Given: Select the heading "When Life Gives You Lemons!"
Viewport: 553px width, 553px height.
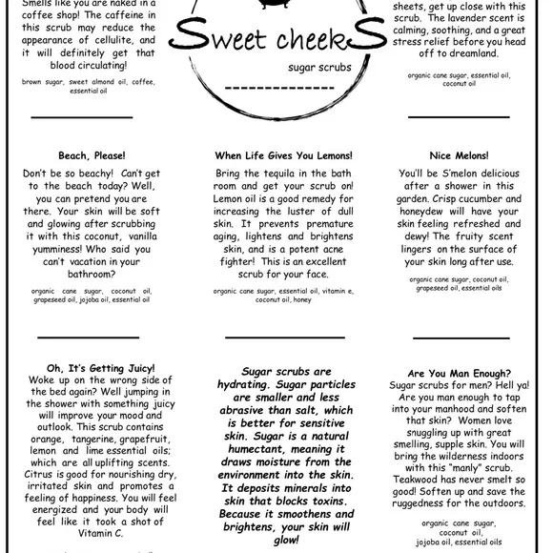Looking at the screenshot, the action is click(x=283, y=154).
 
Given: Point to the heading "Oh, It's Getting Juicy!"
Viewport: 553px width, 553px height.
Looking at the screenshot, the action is click(x=100, y=367).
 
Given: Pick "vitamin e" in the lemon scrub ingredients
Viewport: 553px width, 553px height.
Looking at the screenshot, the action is click(x=337, y=290).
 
